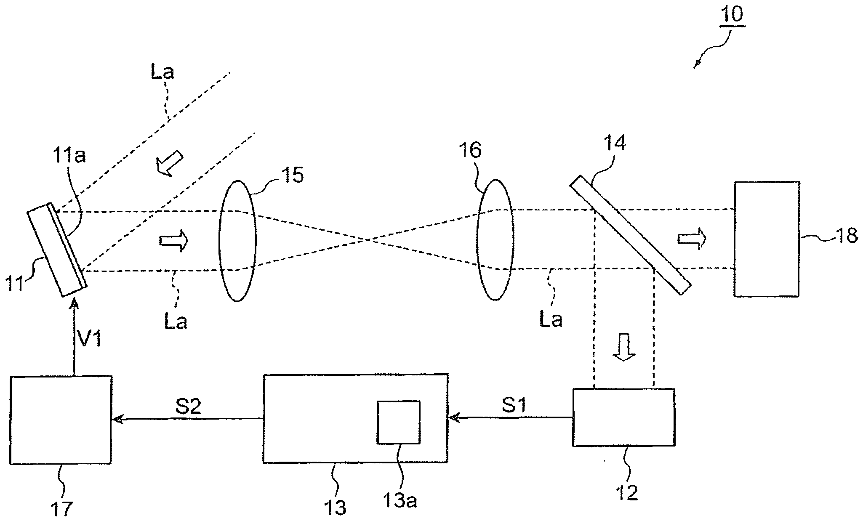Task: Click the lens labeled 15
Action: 237,241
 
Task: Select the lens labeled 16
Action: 495,240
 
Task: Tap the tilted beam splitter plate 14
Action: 630,238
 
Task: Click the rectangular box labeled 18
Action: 766,239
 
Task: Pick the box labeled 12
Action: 623,417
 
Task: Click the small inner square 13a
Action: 398,422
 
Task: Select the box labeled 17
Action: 61,420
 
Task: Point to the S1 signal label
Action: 514,406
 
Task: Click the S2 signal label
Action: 188,407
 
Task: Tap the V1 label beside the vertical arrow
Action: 90,338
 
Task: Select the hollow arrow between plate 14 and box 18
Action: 692,239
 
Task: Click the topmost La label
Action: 162,72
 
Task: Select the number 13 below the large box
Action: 336,507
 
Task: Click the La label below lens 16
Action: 551,320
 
